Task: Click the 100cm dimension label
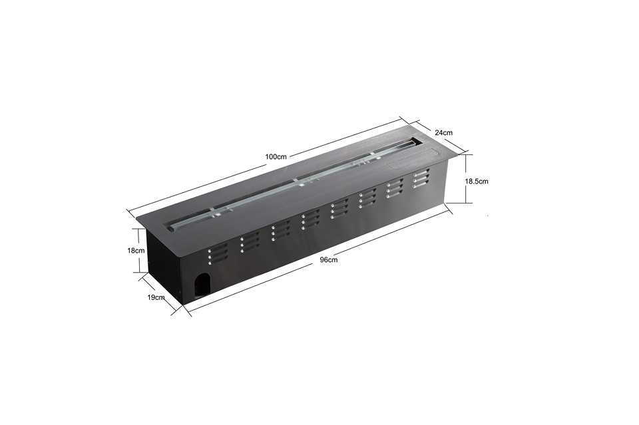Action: point(276,156)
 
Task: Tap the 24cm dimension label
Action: point(444,133)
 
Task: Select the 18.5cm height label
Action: point(477,181)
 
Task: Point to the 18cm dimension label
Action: point(136,251)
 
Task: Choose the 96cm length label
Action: point(328,260)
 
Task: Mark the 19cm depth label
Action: point(156,297)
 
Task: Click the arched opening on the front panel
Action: point(202,284)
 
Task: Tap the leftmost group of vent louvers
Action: point(217,255)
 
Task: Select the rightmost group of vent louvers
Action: point(420,178)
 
